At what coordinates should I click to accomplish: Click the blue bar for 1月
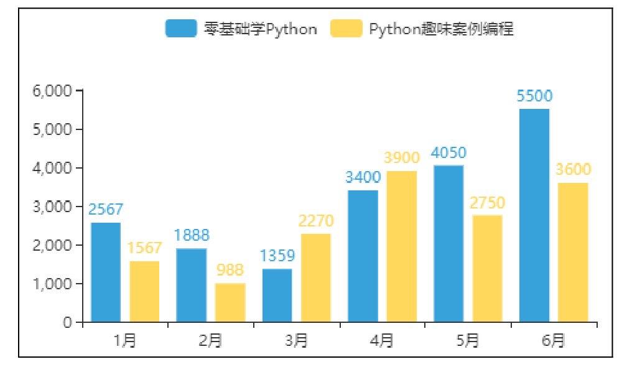105,272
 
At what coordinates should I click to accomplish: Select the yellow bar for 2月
230,302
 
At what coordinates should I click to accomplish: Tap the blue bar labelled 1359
277,295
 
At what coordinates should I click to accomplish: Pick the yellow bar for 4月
401,246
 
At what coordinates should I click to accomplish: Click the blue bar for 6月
534,215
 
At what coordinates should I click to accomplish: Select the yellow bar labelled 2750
487,268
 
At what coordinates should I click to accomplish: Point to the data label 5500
534,96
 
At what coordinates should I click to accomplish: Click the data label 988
230,270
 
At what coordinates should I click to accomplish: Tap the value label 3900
401,158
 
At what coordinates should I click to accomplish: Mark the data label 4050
448,152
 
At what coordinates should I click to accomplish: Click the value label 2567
105,210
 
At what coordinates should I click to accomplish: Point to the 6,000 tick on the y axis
52,91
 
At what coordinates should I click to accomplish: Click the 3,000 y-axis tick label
52,207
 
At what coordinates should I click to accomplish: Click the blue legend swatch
180,29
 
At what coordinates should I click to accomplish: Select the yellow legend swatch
346,29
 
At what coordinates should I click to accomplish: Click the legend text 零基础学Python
260,29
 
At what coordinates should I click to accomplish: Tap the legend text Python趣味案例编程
441,29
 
